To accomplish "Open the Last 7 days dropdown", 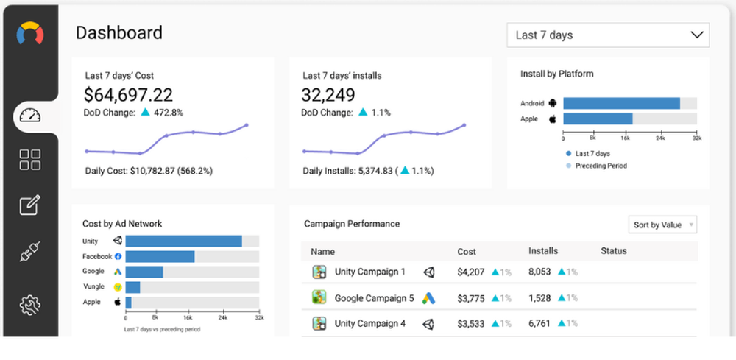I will (607, 35).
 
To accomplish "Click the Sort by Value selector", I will (662, 225).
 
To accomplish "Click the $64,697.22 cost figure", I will (129, 95).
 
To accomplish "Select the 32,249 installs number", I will (328, 95).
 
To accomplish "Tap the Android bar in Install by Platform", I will (621, 104).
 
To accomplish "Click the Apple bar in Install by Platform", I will (598, 119).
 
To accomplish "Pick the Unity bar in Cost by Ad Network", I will (183, 241).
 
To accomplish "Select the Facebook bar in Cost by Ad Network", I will (160, 256).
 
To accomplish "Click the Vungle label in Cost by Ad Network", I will (93, 286).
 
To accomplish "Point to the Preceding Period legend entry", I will (601, 166).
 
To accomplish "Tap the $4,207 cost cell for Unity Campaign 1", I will (471, 272).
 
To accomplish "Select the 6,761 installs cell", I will (540, 323).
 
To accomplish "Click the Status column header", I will (613, 251).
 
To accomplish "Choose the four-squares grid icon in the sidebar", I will (30, 160).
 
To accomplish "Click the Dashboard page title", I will (119, 33).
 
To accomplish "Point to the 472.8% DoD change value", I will (168, 113).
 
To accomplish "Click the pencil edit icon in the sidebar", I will (30, 206).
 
